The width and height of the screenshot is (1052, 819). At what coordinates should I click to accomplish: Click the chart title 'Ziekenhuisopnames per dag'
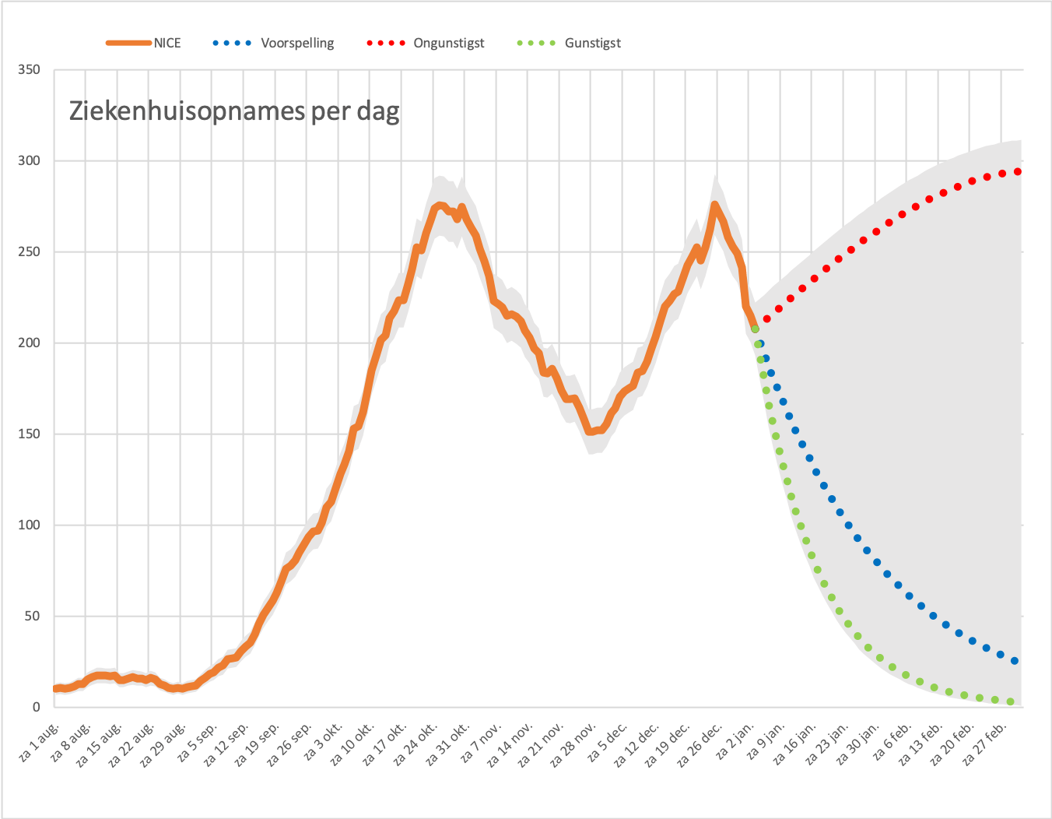point(234,112)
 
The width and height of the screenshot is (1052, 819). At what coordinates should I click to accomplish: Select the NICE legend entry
point(143,43)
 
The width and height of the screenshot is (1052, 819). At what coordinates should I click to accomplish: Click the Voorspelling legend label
point(297,43)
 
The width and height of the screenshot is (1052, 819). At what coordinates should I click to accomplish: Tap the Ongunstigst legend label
point(449,43)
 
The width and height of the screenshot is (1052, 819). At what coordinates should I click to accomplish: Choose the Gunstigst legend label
point(593,43)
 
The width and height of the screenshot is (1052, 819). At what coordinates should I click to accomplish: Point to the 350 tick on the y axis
point(29,70)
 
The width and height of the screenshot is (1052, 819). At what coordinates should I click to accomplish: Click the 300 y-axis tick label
point(29,161)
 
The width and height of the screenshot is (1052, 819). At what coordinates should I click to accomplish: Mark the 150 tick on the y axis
point(29,434)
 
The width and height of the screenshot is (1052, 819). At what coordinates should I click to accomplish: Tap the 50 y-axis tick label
point(33,616)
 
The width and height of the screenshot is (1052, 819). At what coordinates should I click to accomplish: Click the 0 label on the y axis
point(37,707)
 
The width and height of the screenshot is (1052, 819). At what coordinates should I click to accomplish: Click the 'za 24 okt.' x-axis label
point(416,744)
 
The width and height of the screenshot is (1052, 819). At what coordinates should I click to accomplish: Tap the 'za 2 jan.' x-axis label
point(735,741)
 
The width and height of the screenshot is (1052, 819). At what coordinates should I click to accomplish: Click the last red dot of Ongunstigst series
point(1018,171)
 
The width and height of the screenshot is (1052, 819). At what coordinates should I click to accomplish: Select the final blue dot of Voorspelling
point(1015,661)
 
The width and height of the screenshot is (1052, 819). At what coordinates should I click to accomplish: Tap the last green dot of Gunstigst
point(1010,701)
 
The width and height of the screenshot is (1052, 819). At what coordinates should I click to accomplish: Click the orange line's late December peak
point(714,205)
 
